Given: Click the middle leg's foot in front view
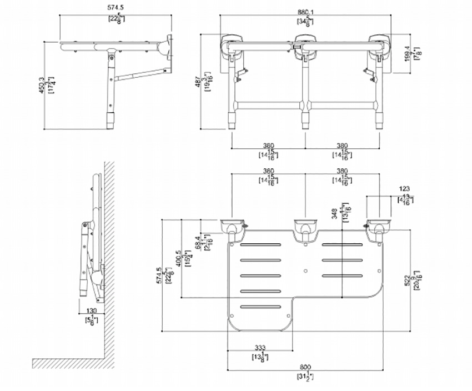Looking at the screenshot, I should click(305, 120).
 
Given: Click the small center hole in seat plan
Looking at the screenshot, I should click(305, 271).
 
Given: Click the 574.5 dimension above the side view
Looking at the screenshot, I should click(116, 10).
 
